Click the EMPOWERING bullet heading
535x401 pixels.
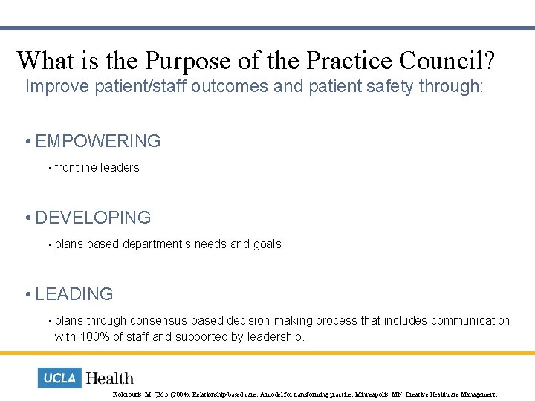point(97,141)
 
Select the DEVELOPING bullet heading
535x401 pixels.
point(93,218)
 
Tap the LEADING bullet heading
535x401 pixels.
point(74,294)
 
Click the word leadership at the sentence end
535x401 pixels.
point(276,337)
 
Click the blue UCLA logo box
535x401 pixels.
point(59,378)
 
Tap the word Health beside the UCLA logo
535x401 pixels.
point(110,378)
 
